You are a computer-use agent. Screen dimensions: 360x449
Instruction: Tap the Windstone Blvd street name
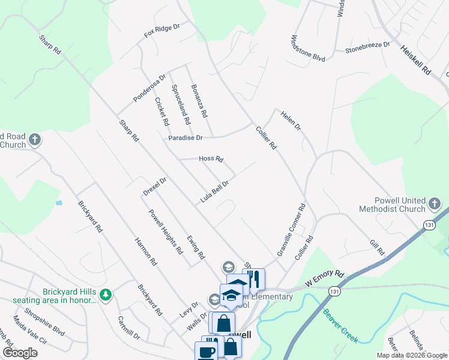pyautogui.click(x=307, y=48)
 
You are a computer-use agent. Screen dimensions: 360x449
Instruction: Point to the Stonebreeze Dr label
pyautogui.click(x=367, y=48)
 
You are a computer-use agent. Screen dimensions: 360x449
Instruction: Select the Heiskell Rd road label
pyautogui.click(x=416, y=61)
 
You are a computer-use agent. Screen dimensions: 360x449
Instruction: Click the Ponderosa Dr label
pyautogui.click(x=149, y=88)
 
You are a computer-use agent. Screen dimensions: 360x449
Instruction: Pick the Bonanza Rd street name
pyautogui.click(x=199, y=100)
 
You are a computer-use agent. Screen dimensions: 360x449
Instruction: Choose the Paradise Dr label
pyautogui.click(x=185, y=138)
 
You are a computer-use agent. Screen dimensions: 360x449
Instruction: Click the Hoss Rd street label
pyautogui.click(x=211, y=159)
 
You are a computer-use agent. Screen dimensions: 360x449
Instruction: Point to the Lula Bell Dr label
pyautogui.click(x=215, y=192)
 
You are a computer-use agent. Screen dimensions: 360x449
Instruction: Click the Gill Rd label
pyautogui.click(x=377, y=248)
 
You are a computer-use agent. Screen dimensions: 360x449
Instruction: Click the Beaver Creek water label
pyautogui.click(x=340, y=326)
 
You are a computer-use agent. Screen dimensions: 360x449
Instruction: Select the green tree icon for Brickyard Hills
pyautogui.click(x=106, y=295)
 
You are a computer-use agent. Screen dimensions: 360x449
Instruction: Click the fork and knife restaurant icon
pyautogui.click(x=254, y=279)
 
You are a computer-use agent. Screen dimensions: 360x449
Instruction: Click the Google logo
pyautogui.click(x=19, y=353)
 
